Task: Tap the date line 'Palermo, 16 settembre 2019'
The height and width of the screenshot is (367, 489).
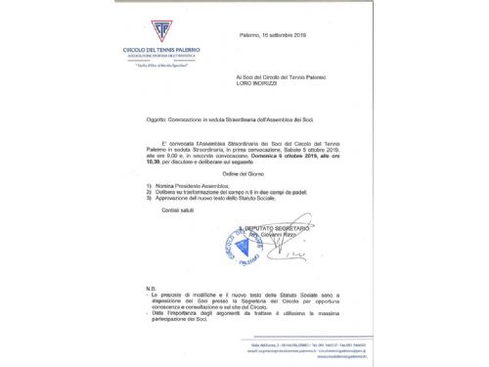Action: point(275,33)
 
